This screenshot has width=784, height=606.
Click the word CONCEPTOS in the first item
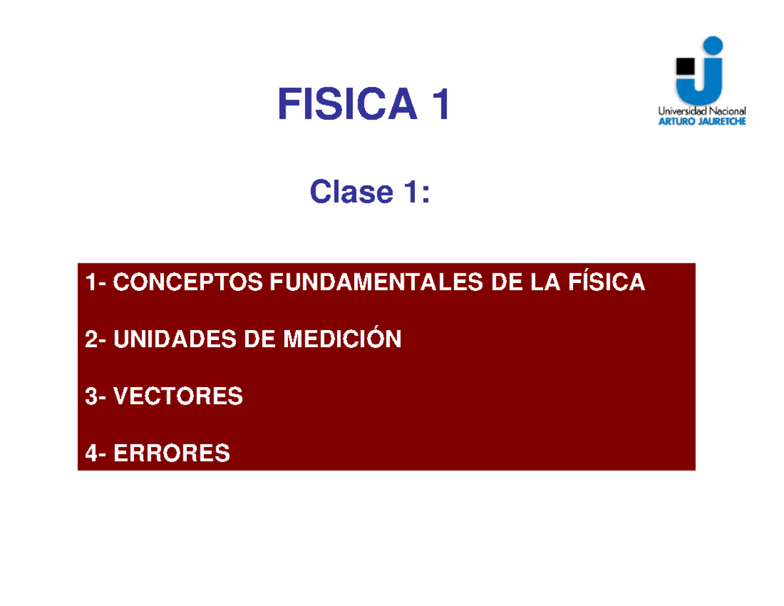tap(188, 282)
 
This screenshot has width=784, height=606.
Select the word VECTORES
tap(178, 396)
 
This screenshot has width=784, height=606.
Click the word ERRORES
tap(172, 453)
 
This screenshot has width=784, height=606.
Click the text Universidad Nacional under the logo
tap(702, 111)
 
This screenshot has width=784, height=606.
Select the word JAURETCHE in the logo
tap(719, 121)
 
